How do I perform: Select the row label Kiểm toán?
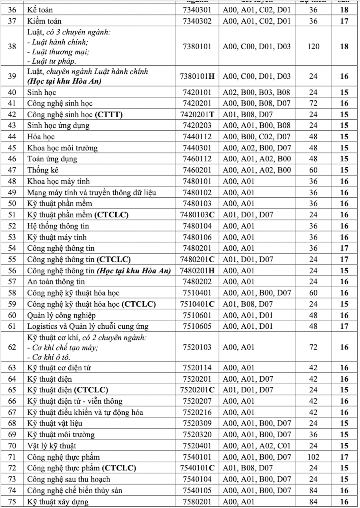[x=44, y=21]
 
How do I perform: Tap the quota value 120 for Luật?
[x=313, y=46]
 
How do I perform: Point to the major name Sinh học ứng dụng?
[x=58, y=126]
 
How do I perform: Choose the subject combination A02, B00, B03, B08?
[x=256, y=92]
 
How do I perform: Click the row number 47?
[x=12, y=170]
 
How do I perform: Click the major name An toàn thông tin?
[x=56, y=282]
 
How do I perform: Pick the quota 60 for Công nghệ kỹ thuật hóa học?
[x=313, y=293]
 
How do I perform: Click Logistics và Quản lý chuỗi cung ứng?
[x=88, y=326]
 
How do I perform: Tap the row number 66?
[x=12, y=401]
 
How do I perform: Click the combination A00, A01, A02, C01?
[x=256, y=446]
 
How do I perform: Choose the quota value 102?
[x=313, y=457]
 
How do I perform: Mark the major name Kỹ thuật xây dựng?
[x=58, y=502]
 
